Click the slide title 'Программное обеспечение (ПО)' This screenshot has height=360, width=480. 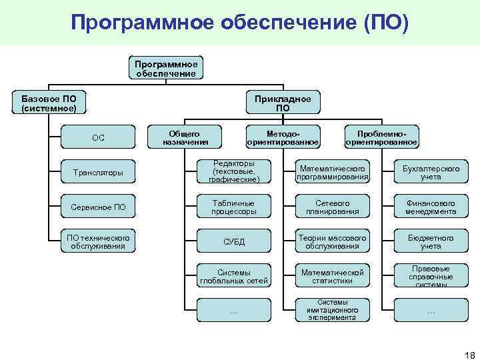pyautogui.click(x=239, y=23)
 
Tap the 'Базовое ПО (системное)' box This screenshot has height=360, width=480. pyautogui.click(x=49, y=103)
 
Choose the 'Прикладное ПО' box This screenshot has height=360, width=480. pyautogui.click(x=283, y=103)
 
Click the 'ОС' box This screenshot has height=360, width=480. pyautogui.click(x=98, y=138)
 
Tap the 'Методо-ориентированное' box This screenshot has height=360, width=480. pyautogui.click(x=283, y=138)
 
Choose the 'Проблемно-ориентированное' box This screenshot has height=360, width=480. pyautogui.click(x=381, y=138)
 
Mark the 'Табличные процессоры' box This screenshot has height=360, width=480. pyautogui.click(x=233, y=207)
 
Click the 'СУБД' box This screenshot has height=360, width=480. pyautogui.click(x=233, y=241)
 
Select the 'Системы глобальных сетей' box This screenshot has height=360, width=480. pyautogui.click(x=233, y=276)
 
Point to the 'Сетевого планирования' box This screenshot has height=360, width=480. pyautogui.click(x=332, y=207)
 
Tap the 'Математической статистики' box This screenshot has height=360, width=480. pyautogui.click(x=332, y=276)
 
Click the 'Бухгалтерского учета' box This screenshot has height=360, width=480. pyautogui.click(x=431, y=173)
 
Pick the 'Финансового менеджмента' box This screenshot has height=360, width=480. pyautogui.click(x=431, y=207)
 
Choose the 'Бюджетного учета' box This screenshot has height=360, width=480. pyautogui.click(x=431, y=241)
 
